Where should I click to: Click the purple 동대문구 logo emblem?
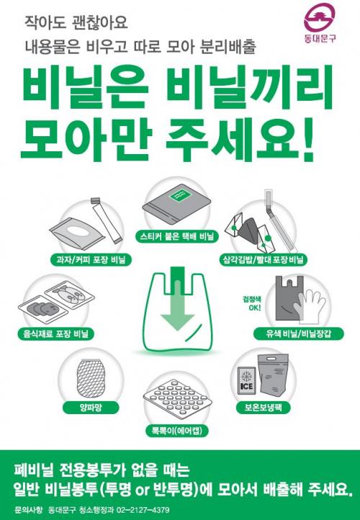click(320, 17)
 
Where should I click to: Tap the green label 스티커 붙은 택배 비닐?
click(176, 236)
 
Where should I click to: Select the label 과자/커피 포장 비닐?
click(91, 260)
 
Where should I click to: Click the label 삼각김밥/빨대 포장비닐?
click(264, 260)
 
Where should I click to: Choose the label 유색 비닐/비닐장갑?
click(298, 333)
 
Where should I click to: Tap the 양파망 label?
click(91, 407)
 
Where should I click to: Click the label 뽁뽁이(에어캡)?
click(176, 431)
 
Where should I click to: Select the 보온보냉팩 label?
click(263, 407)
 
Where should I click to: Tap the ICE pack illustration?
click(246, 380)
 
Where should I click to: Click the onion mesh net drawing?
click(91, 378)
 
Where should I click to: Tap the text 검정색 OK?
click(252, 303)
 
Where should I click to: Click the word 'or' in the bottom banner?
click(143, 490)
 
